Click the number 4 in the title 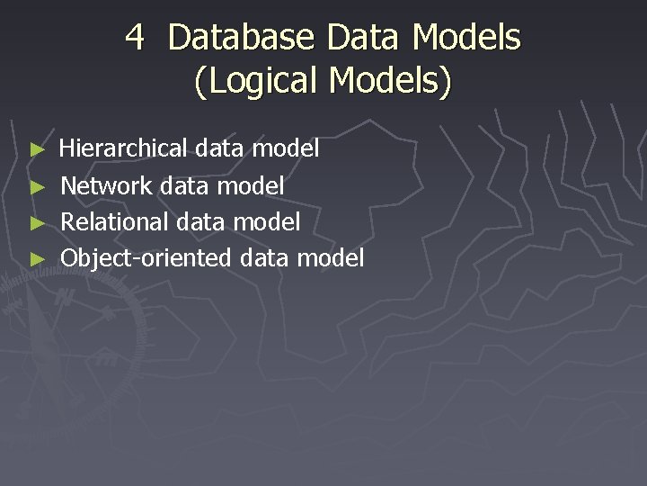click(136, 38)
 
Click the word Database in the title click(241, 38)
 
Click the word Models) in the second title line click(390, 81)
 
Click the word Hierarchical click(123, 148)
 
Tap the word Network click(106, 185)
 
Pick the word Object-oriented click(146, 258)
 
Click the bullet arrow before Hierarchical click(37, 148)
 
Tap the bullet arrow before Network click(37, 186)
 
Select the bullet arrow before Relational click(37, 222)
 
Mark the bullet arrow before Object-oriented click(37, 259)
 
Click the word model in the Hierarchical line click(286, 148)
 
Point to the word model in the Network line click(252, 185)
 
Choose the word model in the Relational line click(267, 221)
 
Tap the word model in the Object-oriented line click(331, 258)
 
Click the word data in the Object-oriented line click(264, 258)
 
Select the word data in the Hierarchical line click(219, 148)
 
